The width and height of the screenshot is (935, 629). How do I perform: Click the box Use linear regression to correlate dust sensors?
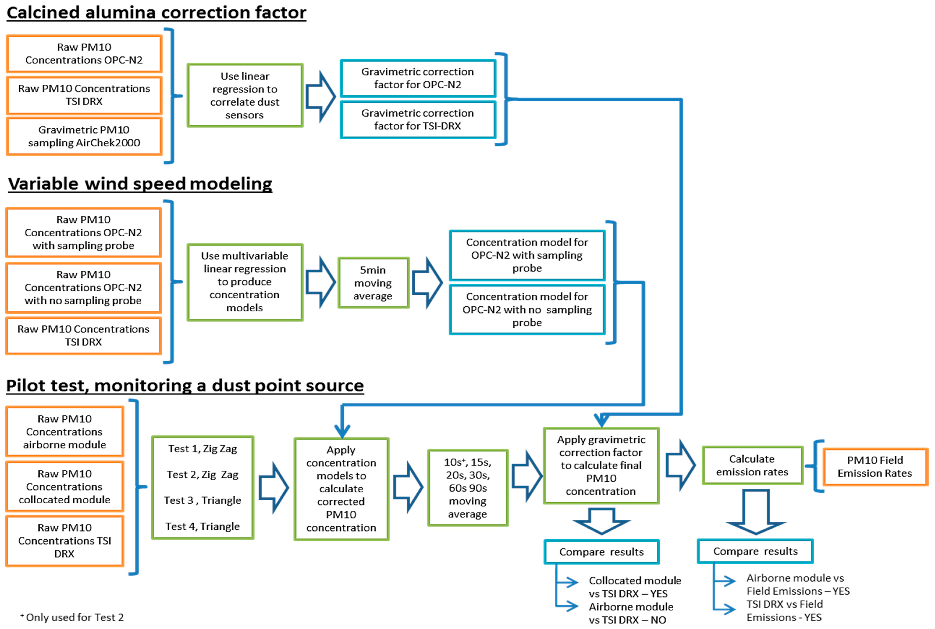click(245, 95)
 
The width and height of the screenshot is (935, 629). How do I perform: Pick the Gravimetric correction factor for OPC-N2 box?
click(417, 78)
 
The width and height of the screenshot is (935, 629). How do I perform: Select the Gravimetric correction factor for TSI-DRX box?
click(417, 120)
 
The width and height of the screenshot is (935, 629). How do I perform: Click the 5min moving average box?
click(373, 283)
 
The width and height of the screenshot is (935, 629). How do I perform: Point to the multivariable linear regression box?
click(245, 282)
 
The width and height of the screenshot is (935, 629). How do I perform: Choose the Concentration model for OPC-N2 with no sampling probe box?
click(527, 309)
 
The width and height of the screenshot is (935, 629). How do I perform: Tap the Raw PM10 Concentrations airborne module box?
click(65, 432)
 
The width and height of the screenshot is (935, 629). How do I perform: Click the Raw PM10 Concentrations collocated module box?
click(65, 487)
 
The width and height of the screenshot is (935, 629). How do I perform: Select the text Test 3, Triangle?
click(202, 500)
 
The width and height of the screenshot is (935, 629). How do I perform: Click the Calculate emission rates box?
click(752, 465)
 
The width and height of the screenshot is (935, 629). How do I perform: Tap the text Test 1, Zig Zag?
click(202, 448)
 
